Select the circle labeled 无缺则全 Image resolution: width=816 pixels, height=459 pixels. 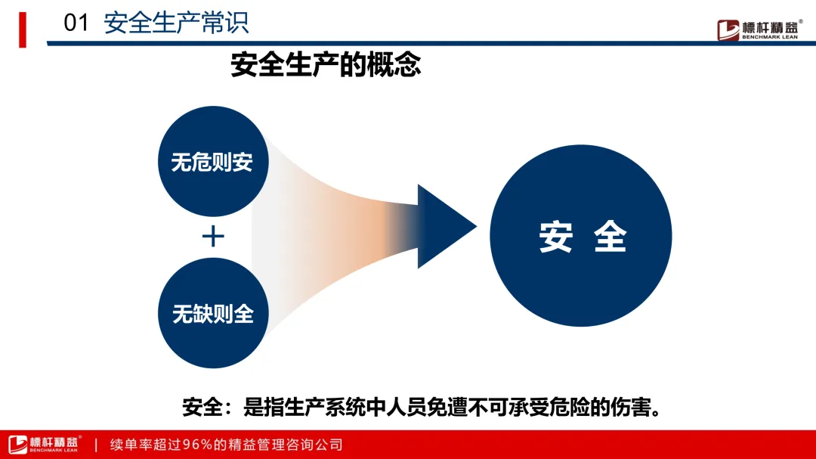(x=212, y=313)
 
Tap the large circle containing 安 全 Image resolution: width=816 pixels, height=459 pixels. (x=581, y=236)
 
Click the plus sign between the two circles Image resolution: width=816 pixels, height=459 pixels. (x=213, y=237)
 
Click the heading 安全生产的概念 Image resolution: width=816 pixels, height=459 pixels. (x=326, y=65)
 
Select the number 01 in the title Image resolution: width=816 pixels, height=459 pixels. (x=76, y=23)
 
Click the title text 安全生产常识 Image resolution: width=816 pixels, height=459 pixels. (x=176, y=23)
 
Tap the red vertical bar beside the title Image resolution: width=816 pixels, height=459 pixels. (x=23, y=29)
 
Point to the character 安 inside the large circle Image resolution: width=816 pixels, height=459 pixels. (x=555, y=237)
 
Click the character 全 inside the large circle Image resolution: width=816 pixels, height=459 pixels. (x=610, y=237)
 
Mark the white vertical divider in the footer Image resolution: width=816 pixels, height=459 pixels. (x=96, y=445)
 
